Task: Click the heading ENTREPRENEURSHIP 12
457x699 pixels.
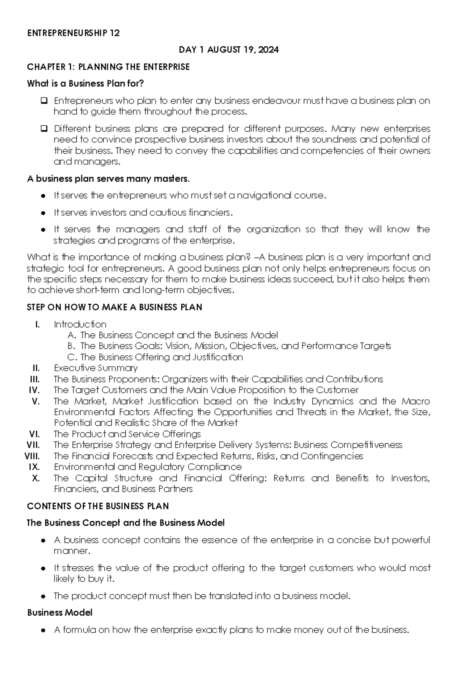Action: [73, 34]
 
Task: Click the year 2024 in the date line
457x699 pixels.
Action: [268, 50]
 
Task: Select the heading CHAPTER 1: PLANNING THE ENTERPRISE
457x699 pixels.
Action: [108, 67]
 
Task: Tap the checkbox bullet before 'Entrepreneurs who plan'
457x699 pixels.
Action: [44, 101]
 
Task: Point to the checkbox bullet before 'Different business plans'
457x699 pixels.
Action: [44, 128]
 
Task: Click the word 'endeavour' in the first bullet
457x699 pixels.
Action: [276, 101]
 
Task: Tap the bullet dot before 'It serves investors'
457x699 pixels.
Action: [44, 213]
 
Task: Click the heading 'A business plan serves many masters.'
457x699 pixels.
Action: [108, 179]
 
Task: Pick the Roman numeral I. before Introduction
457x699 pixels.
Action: [37, 325]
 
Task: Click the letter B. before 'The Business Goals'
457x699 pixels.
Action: [72, 346]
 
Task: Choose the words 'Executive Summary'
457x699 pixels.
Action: [96, 368]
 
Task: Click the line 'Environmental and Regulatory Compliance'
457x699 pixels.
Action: [148, 467]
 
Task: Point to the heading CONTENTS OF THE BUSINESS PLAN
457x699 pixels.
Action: [98, 506]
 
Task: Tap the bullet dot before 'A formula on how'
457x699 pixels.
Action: [44, 630]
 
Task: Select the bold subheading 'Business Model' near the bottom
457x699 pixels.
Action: [60, 613]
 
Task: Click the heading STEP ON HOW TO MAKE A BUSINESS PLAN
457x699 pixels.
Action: [114, 307]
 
